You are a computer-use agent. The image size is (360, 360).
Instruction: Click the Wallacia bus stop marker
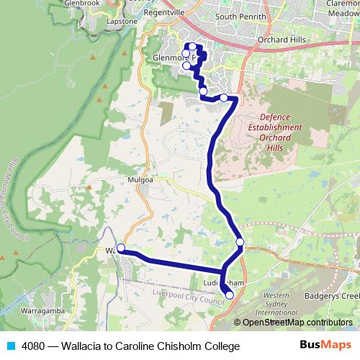pos(121,248)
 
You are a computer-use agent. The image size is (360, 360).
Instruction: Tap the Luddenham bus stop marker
pos(230,294)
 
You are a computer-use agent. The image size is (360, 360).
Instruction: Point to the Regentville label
pos(166,14)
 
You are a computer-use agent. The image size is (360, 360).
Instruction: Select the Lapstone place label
pos(121,22)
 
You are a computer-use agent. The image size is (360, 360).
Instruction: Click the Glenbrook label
pos(81,3)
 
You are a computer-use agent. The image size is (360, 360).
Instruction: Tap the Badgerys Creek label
pos(331,296)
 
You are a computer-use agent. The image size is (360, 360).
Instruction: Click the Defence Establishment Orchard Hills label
pos(271,127)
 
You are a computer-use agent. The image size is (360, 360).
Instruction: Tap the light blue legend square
pos(9,346)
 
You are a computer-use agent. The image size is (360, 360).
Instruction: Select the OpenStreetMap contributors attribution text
pos(297,323)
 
